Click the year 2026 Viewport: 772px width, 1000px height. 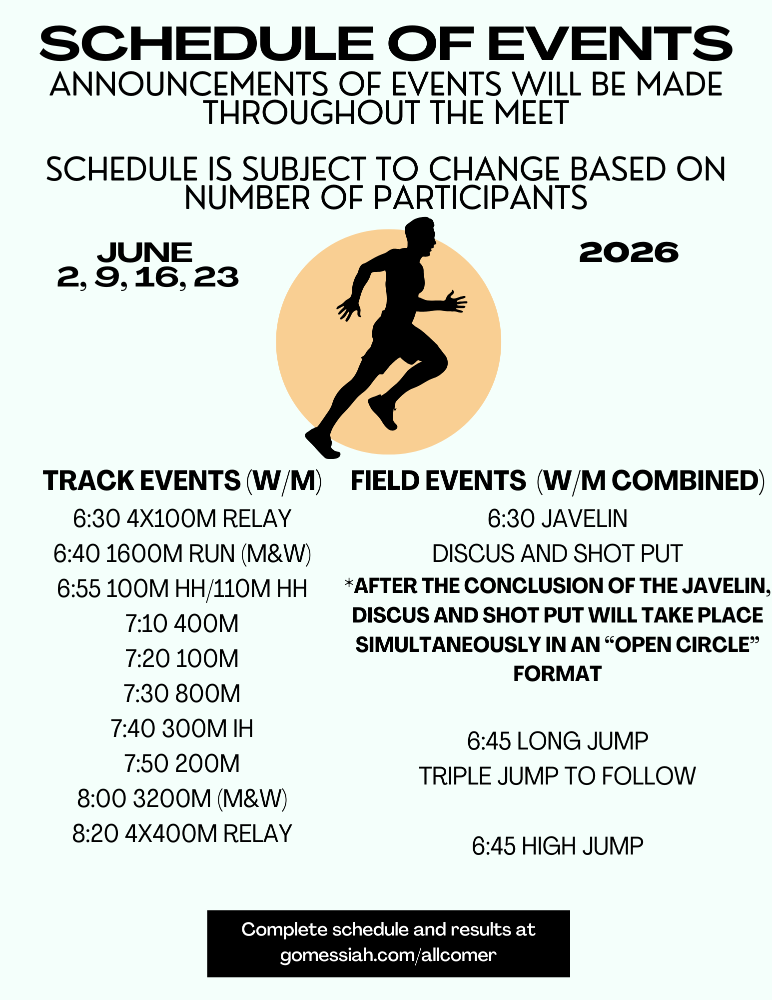tap(629, 252)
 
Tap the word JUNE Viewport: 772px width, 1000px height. tap(145, 252)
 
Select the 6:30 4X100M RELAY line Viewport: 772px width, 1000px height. tap(182, 518)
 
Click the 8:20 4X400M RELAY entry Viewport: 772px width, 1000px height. tap(182, 833)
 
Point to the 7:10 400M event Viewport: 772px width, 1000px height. tap(182, 623)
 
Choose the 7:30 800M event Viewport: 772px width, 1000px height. tap(182, 693)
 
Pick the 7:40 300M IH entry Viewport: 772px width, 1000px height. tap(182, 728)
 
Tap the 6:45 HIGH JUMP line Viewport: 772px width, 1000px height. tap(558, 846)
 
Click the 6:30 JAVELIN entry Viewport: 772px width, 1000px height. tap(558, 518)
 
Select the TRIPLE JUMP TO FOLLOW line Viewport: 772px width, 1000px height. tap(558, 776)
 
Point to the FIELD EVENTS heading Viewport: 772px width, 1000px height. tap(438, 480)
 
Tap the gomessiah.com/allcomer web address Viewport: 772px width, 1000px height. tap(388, 955)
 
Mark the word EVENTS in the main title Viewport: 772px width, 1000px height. tap(610, 44)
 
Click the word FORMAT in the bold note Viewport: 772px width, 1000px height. tap(558, 674)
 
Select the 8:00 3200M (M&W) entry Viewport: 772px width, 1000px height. tap(182, 798)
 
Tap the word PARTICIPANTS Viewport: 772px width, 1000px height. tap(480, 198)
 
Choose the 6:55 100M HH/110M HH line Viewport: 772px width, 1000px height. tap(182, 588)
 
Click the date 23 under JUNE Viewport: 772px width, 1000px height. tap(216, 277)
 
